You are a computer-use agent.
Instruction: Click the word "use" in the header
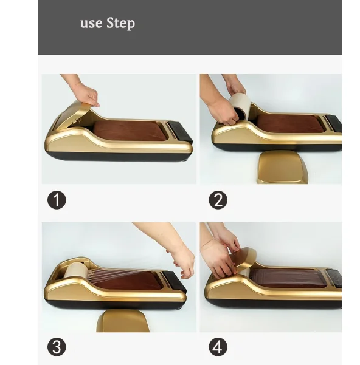click(91, 24)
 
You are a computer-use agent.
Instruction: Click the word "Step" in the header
click(120, 23)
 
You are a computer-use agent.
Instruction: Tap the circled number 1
click(57, 200)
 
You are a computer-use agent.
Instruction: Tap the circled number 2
click(218, 200)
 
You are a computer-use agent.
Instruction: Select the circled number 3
click(57, 347)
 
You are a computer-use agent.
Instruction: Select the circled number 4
click(218, 347)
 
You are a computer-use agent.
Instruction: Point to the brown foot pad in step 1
click(130, 130)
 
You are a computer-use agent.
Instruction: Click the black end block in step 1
click(181, 132)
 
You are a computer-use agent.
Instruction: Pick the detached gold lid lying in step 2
click(283, 167)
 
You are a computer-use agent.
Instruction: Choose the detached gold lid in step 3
click(123, 320)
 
